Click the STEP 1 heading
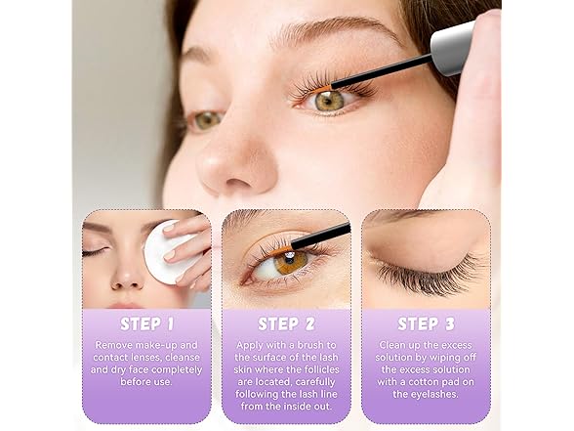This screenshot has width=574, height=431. coord(146,324)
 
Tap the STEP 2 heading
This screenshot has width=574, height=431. coord(286,324)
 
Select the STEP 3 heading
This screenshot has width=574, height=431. coord(426,324)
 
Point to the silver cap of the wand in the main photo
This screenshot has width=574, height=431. coord(453,48)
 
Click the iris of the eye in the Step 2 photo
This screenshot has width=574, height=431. coord(291,261)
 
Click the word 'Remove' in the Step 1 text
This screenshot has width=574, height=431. coord(114,345)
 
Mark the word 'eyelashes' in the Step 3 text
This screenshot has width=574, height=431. coord(434,395)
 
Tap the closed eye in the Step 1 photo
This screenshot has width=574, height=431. coord(95,252)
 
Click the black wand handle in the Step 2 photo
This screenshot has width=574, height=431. coord(320,237)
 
